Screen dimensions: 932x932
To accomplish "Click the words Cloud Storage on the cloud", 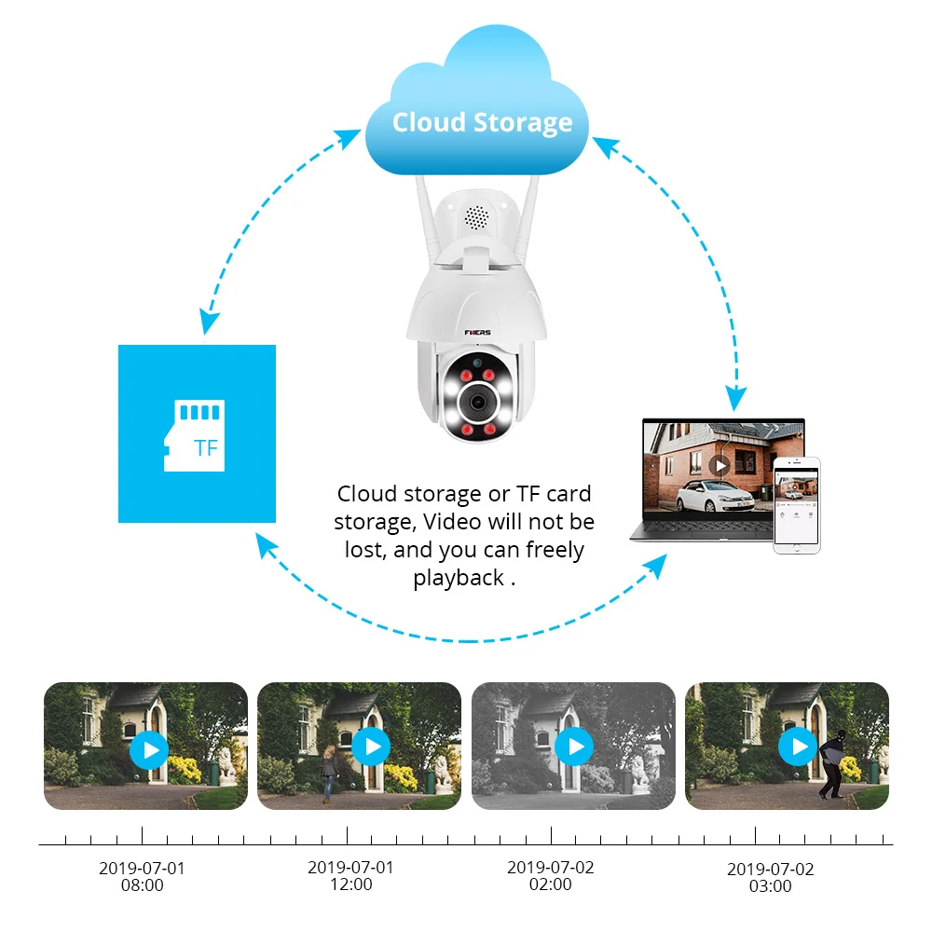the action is (x=482, y=123).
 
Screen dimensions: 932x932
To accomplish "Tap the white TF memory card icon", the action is (x=195, y=435).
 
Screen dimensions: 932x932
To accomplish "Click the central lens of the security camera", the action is (x=476, y=402).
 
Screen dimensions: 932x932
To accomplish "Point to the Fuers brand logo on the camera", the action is (x=478, y=333).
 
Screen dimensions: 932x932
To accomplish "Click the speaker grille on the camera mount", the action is (x=476, y=217).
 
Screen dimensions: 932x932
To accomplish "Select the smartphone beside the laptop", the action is (x=797, y=505).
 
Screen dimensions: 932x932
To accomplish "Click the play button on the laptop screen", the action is (x=720, y=465).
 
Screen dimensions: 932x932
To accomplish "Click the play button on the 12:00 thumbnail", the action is (x=372, y=746).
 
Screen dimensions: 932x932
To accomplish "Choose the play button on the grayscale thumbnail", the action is (x=575, y=746).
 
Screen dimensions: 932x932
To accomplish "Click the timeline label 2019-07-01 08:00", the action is (x=142, y=877).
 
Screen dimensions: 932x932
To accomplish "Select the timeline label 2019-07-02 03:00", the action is (x=771, y=877).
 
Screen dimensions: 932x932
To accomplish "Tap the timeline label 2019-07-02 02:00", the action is (x=551, y=875).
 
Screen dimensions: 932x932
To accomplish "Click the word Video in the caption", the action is (x=452, y=522).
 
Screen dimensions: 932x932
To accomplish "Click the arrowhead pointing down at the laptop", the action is (x=736, y=397).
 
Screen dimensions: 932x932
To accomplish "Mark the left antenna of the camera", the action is (x=429, y=219).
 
